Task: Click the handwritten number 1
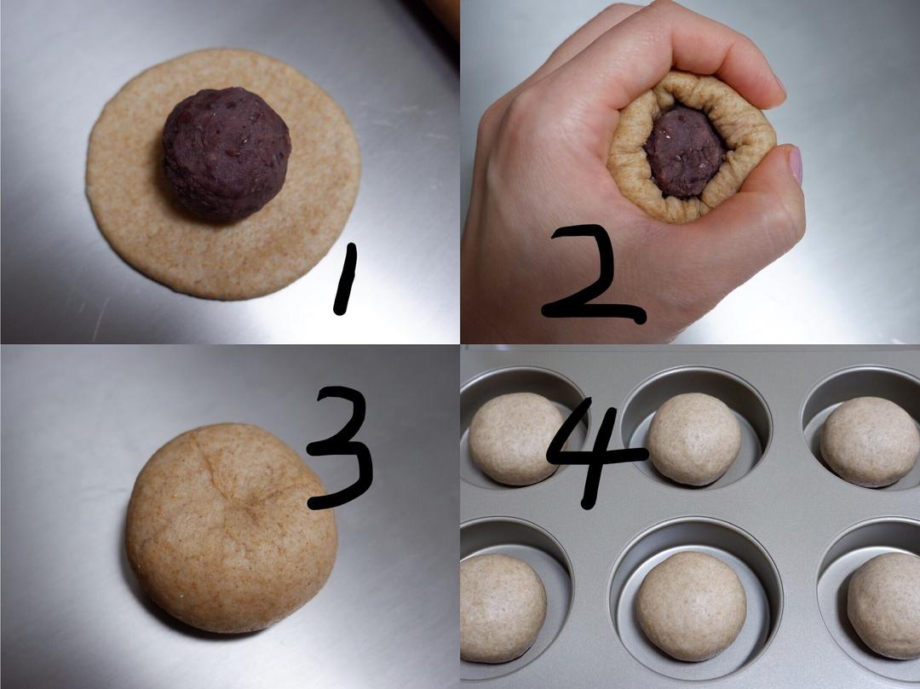[346, 279]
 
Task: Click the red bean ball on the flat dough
[227, 155]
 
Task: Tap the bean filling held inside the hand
[685, 152]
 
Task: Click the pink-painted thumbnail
[796, 164]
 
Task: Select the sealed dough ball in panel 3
[231, 528]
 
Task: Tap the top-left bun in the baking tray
[515, 439]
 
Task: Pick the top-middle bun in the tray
[695, 439]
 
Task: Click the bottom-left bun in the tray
[503, 609]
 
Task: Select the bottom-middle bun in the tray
[691, 606]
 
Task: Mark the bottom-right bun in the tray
[884, 606]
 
